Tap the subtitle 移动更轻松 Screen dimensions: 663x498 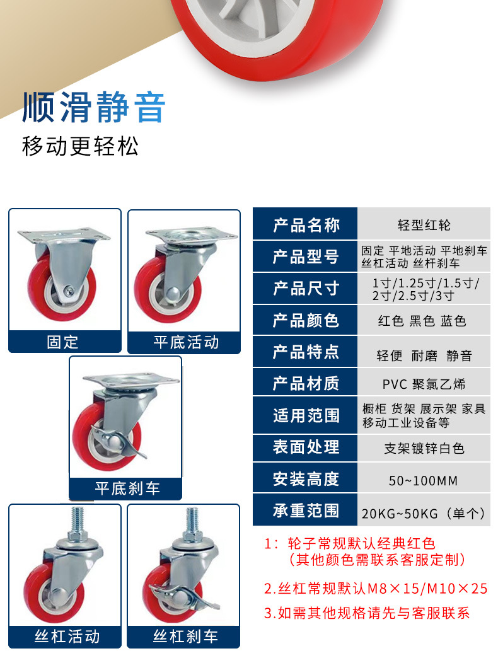click(x=80, y=146)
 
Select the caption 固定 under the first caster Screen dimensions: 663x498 click(x=64, y=342)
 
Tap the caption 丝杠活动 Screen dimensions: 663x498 click(x=67, y=637)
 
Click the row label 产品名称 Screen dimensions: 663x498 click(x=306, y=225)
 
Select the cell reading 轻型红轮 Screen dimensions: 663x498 click(x=424, y=225)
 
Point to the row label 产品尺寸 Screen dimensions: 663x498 click(x=306, y=289)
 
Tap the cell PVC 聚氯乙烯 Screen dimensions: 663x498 click(x=424, y=384)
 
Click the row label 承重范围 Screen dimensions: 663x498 click(x=306, y=510)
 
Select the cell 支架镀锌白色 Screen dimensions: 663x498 click(x=424, y=448)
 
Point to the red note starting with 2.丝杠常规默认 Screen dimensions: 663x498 click(x=376, y=589)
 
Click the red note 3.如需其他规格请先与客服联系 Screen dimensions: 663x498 click(x=367, y=613)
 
